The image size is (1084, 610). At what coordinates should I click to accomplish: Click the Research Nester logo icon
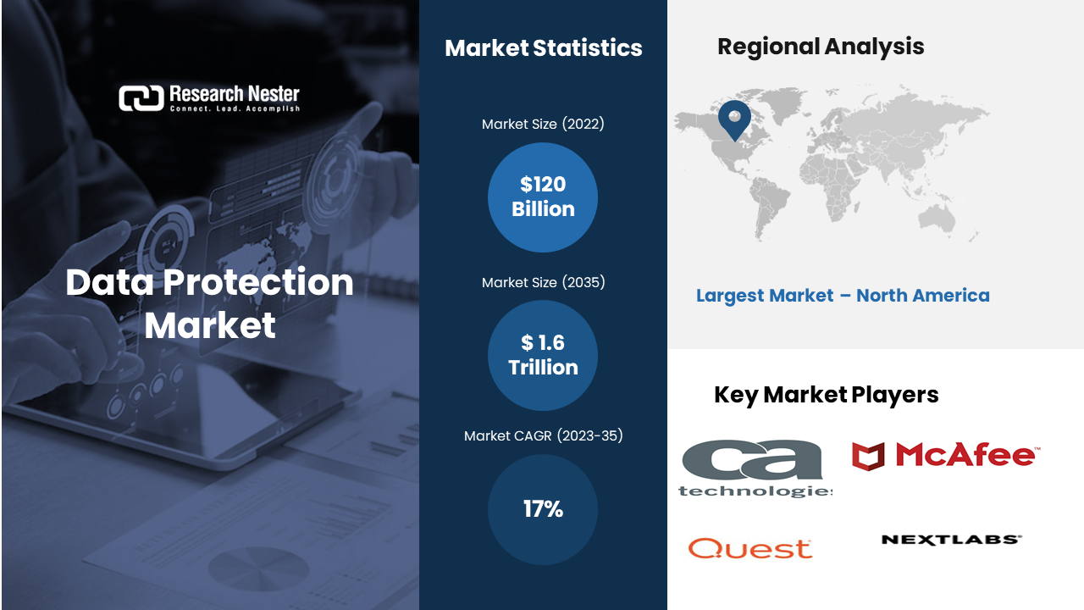(x=141, y=98)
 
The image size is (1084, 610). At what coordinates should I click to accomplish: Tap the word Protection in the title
(x=258, y=282)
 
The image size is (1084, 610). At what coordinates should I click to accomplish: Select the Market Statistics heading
(x=544, y=48)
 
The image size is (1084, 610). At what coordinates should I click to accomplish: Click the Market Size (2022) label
(x=543, y=124)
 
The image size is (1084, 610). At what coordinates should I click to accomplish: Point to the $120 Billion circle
(x=543, y=197)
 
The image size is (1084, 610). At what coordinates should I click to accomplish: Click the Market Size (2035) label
(x=543, y=282)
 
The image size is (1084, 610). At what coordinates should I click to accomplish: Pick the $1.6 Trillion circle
(x=543, y=355)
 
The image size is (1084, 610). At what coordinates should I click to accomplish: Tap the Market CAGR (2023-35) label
(x=543, y=435)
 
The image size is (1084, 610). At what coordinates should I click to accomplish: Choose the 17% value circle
(x=543, y=509)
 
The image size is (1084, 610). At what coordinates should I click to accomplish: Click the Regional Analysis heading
(x=821, y=47)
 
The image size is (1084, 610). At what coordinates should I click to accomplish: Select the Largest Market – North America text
(x=843, y=296)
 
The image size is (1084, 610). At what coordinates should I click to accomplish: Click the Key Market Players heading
(x=826, y=395)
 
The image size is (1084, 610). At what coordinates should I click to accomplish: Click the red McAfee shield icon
(x=868, y=456)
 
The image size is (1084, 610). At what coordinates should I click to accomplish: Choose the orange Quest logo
(x=750, y=548)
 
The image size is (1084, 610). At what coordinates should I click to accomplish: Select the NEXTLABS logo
(x=952, y=540)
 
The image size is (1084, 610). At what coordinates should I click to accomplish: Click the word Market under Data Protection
(x=210, y=325)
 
